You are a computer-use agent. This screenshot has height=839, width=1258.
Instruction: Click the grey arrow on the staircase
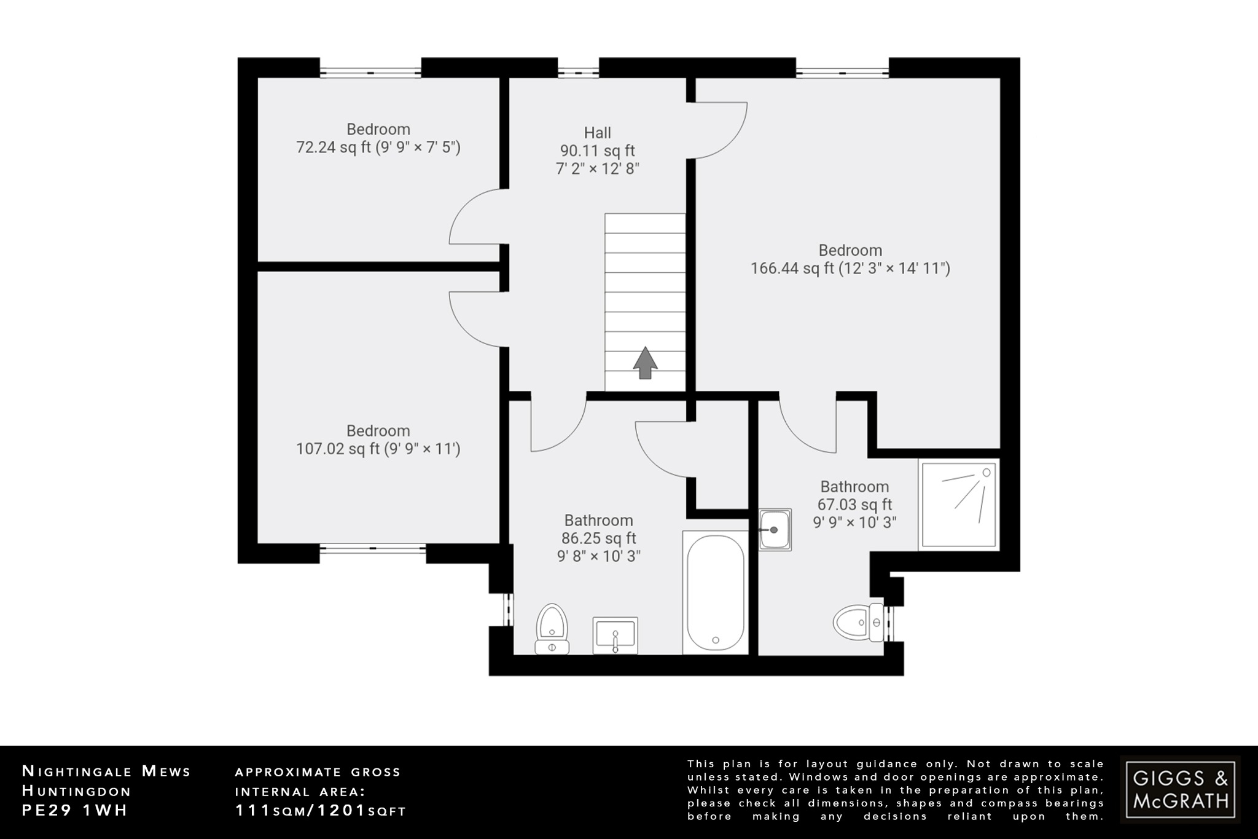coord(645,363)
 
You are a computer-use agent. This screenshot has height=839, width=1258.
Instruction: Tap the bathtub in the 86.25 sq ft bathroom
coord(715,592)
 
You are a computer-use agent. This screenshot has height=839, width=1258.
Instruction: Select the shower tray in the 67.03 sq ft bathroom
coord(958,504)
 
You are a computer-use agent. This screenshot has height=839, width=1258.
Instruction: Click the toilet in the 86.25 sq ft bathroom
coord(552,628)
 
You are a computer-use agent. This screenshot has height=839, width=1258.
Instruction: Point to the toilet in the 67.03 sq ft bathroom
coord(858,622)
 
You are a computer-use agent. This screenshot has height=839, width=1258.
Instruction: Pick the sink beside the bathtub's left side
coord(615,635)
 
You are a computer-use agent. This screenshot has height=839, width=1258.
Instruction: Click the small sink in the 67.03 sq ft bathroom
coord(775,529)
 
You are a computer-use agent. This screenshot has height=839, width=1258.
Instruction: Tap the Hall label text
coord(597,133)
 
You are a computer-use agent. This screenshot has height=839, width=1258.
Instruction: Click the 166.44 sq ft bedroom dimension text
coord(850,269)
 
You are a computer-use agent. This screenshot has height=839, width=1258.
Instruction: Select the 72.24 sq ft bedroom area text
coord(378,148)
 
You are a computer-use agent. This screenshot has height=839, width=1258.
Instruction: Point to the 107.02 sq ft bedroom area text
coord(378,449)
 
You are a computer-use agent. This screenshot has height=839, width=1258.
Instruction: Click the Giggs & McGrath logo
coord(1180,789)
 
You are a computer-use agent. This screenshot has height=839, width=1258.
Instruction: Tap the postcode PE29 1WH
coord(75,810)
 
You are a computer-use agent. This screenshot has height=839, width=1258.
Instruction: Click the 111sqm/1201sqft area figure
coord(321,811)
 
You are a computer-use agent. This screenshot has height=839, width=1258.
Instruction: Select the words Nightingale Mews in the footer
coord(106,771)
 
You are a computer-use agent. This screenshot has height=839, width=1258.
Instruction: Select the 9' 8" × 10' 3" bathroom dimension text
coord(598,556)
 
